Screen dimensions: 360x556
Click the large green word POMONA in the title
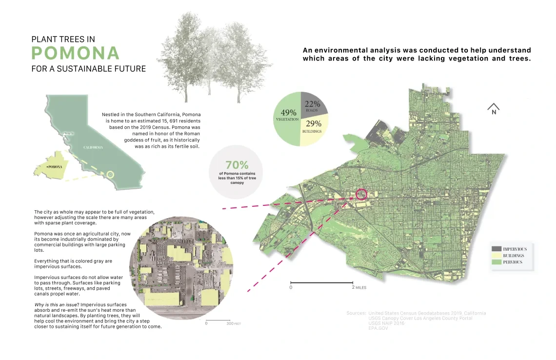(76, 53)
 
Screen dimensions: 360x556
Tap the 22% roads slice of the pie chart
(313, 104)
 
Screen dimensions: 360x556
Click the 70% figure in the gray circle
(237, 165)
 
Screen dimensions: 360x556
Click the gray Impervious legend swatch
(496, 249)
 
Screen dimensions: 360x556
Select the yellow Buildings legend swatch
(496, 256)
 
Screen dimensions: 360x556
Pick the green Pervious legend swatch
(496, 262)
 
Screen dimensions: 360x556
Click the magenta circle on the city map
(361, 194)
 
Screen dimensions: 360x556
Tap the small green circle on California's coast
(110, 174)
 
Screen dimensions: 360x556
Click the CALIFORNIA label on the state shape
(93, 147)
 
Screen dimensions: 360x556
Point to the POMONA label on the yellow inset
(54, 167)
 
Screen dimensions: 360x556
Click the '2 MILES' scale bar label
(360, 288)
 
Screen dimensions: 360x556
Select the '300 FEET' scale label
(233, 323)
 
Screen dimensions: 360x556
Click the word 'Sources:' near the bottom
(356, 313)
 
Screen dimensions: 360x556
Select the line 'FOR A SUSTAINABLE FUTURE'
(88, 69)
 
